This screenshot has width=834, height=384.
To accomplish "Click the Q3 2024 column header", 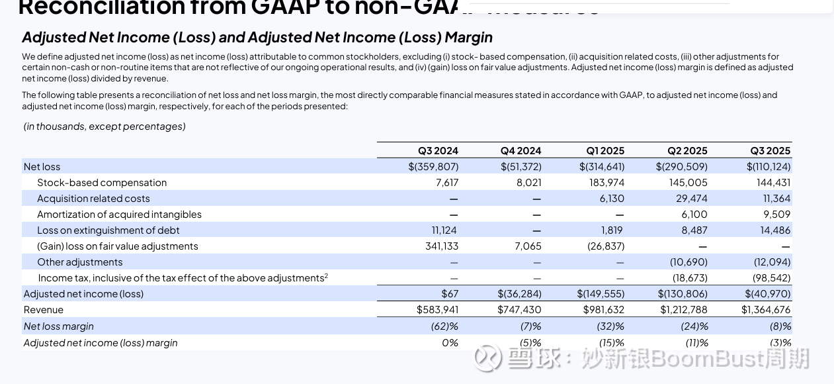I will [x=438, y=151].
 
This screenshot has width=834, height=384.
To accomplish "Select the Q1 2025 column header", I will [x=605, y=151].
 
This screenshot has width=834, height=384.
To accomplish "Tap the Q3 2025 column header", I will [x=770, y=151].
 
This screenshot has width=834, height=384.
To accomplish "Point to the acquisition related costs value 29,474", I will [x=688, y=199].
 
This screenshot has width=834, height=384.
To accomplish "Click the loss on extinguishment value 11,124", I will [x=440, y=230].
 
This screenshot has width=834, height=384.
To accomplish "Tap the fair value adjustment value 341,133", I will [x=441, y=246].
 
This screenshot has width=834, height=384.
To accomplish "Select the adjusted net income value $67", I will [x=450, y=294].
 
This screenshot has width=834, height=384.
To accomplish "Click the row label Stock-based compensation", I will [x=102, y=183].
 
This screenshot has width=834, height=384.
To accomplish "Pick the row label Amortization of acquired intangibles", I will [x=119, y=215].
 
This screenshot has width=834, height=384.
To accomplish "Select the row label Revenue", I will [x=44, y=310].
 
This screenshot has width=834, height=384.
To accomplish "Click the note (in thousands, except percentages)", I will [x=104, y=126].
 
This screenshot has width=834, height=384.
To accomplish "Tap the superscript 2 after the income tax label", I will [x=326, y=275].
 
